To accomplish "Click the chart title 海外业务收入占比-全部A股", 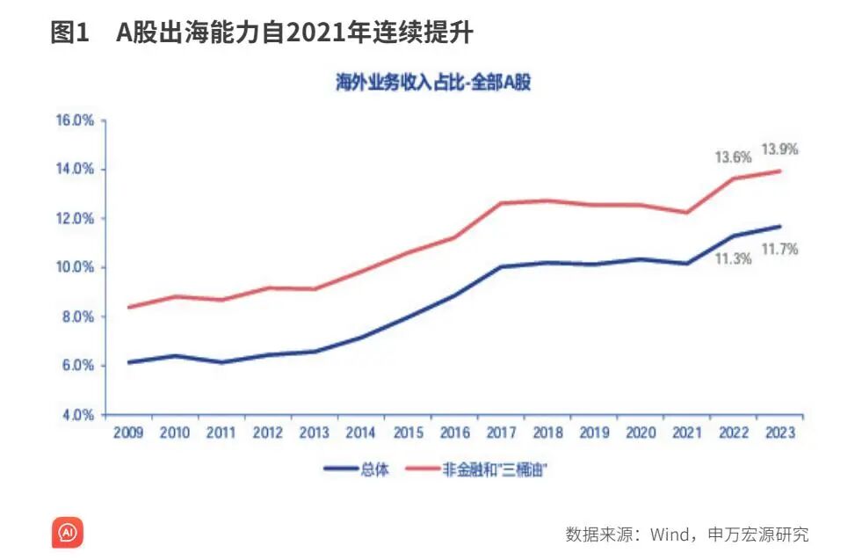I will point(434,84).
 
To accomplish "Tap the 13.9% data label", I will point(779,150).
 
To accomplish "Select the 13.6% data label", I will point(732,158).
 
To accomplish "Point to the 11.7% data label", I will point(779,250).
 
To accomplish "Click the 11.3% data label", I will point(733,260).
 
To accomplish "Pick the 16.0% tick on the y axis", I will point(75,120).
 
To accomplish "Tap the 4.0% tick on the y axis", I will point(77,415).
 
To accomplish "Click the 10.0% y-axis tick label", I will point(75,267).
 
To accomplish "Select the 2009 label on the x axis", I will point(128,433).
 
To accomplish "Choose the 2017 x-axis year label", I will point(500,433).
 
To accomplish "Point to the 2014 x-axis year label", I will point(360,433).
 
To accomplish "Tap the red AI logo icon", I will point(68,533).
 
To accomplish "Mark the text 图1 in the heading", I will point(70,33).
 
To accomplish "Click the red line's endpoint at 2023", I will point(779,171).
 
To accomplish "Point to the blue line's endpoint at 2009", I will point(129,362).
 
